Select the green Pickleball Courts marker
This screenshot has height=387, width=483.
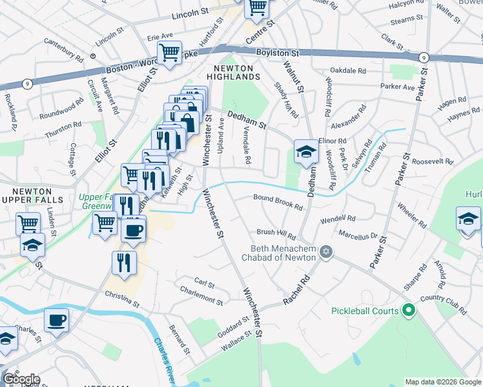coord(407,311)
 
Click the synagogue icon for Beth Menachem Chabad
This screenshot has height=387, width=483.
coord(326,252)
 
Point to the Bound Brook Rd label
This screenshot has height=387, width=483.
coord(278,202)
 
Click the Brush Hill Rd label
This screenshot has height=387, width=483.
coord(276,233)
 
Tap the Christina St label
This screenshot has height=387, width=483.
coord(122,297)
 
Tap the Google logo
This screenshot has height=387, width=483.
coord(21,379)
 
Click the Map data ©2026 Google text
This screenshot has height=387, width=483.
coord(442,382)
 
